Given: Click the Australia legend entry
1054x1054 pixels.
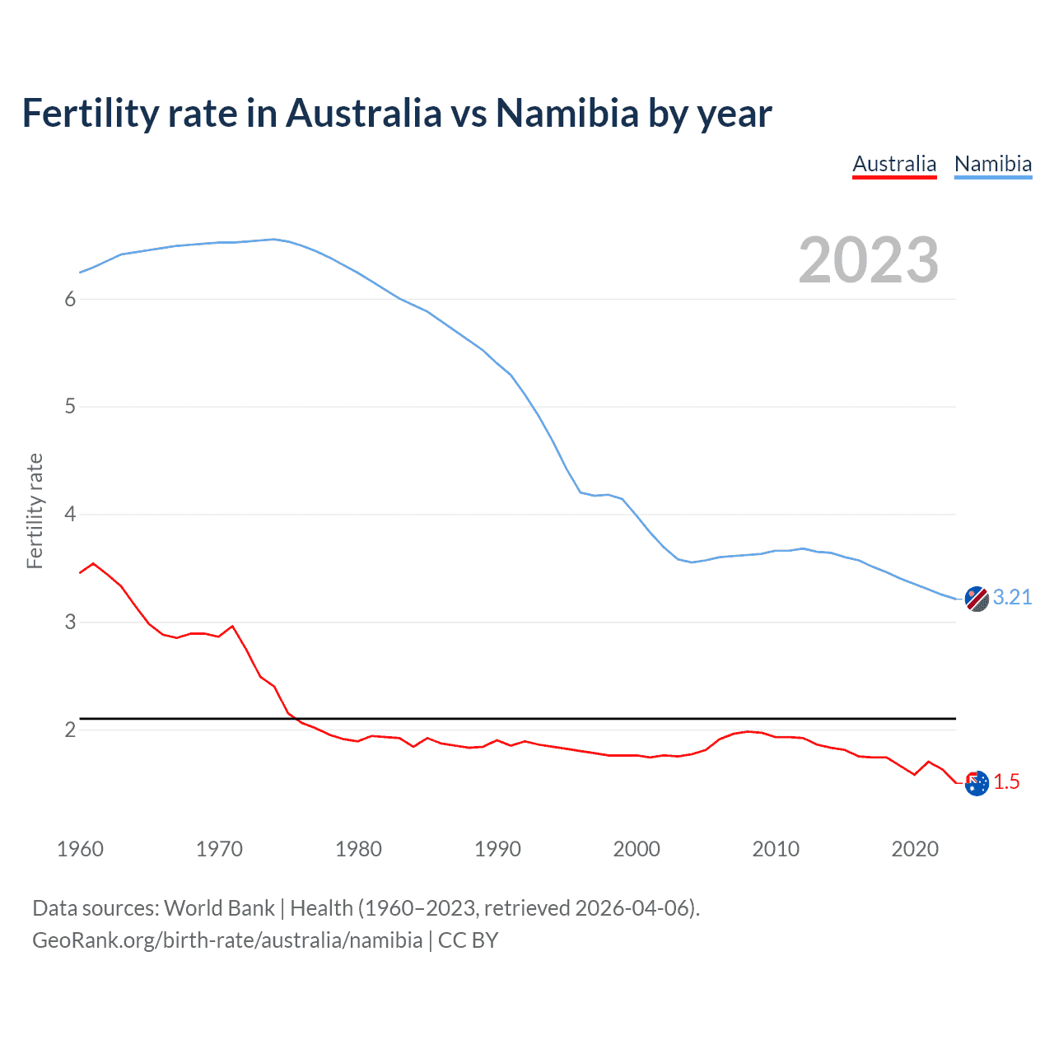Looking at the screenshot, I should click(x=894, y=164).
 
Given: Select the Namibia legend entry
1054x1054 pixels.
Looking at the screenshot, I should click(x=992, y=164).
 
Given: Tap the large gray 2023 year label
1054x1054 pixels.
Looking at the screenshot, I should click(x=868, y=260).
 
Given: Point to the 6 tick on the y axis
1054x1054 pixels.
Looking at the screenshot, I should click(x=70, y=299).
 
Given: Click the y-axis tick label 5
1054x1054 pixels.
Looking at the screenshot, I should click(x=70, y=407).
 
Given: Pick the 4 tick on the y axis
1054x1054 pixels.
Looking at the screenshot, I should click(x=70, y=515).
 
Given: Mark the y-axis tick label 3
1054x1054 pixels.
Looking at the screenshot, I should click(x=70, y=623).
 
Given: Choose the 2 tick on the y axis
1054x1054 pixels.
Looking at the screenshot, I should click(x=70, y=730).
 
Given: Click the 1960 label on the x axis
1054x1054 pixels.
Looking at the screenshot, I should click(x=80, y=849).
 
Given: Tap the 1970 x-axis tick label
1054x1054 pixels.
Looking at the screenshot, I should click(x=219, y=849).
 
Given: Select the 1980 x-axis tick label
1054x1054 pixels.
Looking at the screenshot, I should click(x=358, y=849).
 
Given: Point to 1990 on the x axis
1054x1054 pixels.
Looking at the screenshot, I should click(x=497, y=849).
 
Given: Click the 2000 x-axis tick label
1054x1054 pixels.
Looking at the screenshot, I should click(x=637, y=849).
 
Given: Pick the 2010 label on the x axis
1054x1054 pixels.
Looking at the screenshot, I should click(x=776, y=849).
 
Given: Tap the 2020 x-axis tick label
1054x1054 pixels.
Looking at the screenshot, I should click(x=915, y=849).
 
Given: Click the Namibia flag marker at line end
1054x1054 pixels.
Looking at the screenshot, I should click(x=977, y=599).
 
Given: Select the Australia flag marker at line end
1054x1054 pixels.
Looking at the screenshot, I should click(x=977, y=783).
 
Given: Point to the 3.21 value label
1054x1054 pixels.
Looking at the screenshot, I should click(x=1012, y=597).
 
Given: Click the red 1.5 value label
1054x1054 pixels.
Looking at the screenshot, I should click(x=1006, y=782).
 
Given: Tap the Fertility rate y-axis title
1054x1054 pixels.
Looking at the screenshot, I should click(x=35, y=511).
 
